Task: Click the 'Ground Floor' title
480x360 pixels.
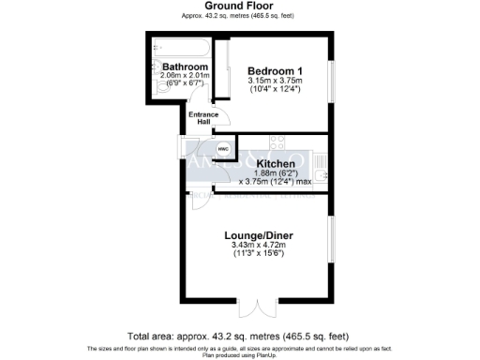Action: (x=239, y=6)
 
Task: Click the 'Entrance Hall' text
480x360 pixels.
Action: (x=203, y=119)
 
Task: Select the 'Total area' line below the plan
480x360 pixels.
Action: (x=239, y=336)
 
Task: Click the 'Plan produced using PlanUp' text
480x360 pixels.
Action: (x=239, y=355)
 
